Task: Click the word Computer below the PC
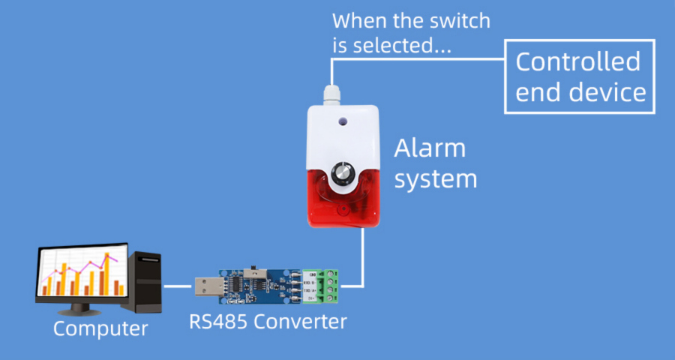coord(100,328)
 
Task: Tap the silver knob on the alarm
coord(342,173)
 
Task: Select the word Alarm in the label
coord(430,148)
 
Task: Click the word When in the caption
coord(358,19)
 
